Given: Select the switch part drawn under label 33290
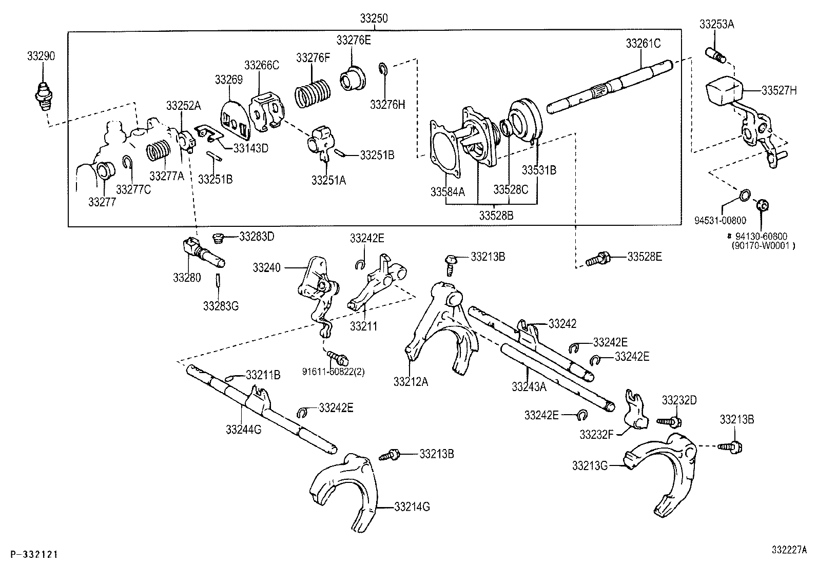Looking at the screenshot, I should (x=43, y=93).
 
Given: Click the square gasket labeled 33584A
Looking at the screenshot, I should (x=449, y=147).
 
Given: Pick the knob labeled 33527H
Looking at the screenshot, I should (x=724, y=92).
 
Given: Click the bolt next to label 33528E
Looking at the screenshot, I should (x=597, y=258).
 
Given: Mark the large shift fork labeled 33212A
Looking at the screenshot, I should (x=441, y=328).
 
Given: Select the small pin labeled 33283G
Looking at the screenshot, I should (x=218, y=281).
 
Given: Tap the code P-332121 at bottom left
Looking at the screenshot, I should (x=33, y=554).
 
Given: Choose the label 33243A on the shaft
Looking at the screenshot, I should (x=529, y=386).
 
